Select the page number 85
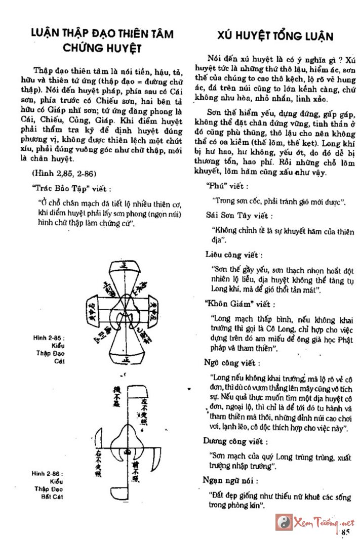[346, 531]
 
